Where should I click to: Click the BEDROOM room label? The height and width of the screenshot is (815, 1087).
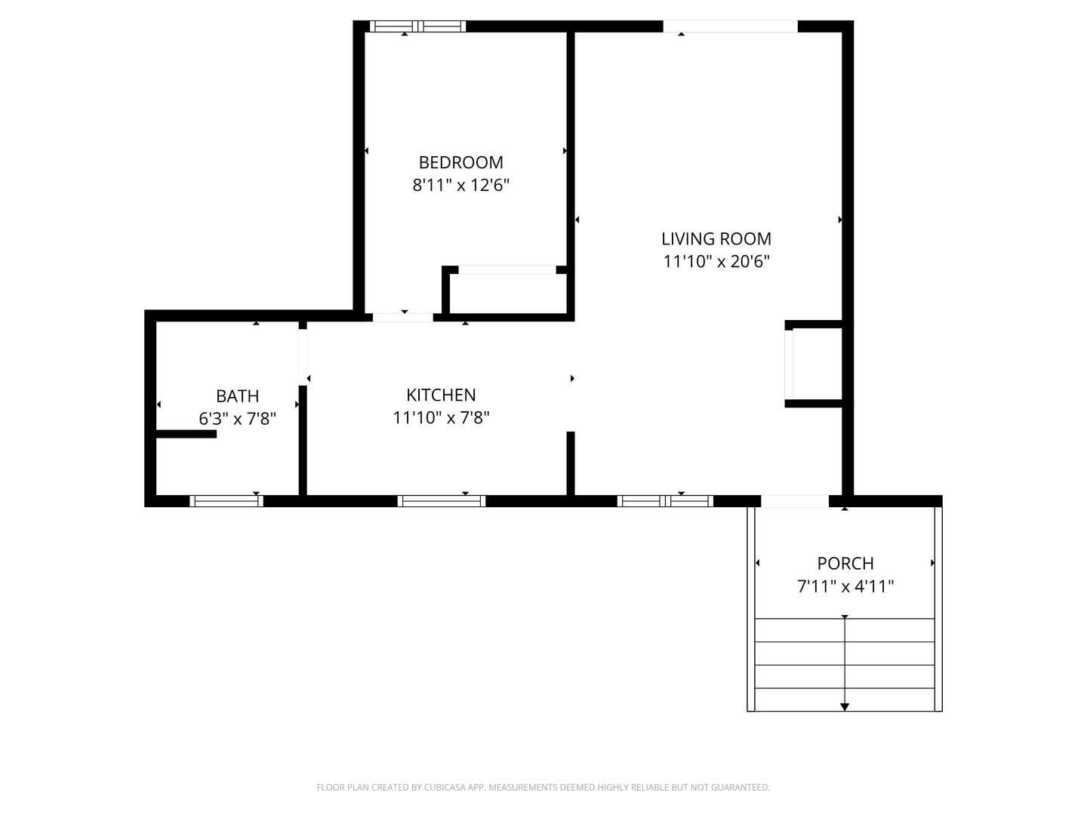460,162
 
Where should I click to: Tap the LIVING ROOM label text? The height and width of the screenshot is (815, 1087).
716,239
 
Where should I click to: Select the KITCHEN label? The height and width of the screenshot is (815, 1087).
441,395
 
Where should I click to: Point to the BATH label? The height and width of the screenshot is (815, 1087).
237,396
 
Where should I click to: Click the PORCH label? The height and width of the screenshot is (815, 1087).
845,563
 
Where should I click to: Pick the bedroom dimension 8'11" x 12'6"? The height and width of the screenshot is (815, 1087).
460,185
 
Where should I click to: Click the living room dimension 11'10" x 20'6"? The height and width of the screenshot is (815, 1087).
716,261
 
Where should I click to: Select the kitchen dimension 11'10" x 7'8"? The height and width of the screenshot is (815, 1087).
441,417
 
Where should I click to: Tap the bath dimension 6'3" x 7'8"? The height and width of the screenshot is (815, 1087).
237,419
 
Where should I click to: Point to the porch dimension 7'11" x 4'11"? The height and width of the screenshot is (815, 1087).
845,586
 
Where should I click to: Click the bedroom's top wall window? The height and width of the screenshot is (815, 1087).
418,26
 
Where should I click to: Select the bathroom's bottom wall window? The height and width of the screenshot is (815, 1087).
226,501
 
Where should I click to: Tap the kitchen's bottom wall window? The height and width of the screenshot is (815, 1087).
442,501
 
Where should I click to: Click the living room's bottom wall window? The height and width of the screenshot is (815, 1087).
665,501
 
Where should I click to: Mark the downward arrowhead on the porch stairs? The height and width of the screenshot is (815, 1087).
845,706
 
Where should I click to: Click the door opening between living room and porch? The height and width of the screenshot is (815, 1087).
794,501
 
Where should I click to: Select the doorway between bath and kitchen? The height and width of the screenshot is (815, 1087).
303,357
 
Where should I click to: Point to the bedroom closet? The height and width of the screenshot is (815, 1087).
508,294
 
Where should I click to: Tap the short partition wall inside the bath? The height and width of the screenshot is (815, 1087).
186,434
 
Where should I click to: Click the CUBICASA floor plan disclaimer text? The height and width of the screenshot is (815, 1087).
543,787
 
